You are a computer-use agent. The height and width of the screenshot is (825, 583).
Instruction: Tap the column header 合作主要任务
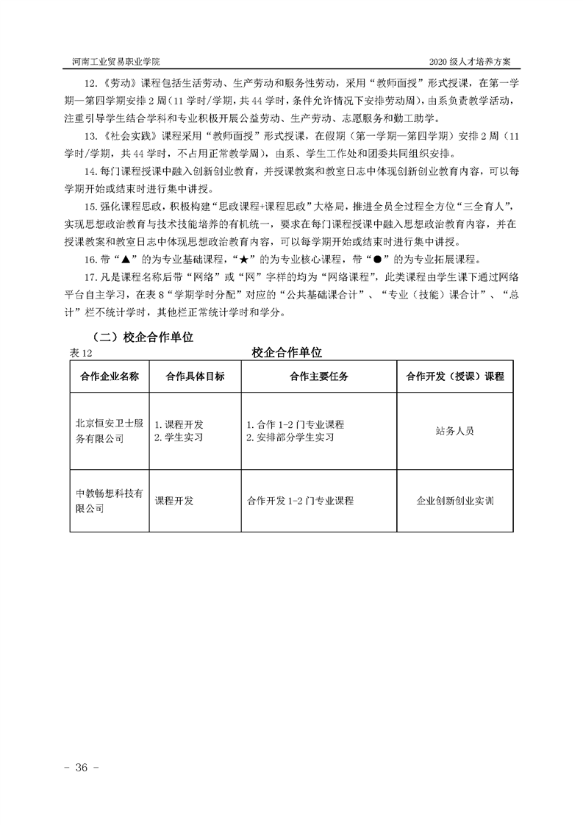coord(319,376)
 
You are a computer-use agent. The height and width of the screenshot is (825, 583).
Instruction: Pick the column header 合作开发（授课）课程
coord(455,376)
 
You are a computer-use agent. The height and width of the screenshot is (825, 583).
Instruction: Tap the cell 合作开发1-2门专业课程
coord(301,501)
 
